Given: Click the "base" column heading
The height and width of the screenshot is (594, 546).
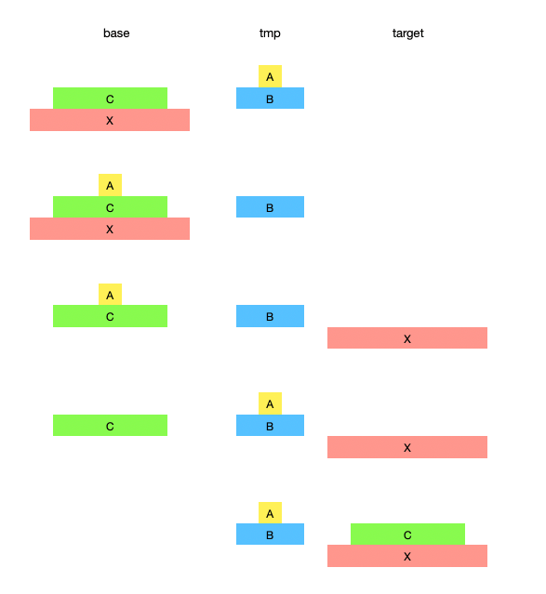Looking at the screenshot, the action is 116,33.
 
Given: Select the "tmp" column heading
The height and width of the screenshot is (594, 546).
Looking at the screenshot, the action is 270,33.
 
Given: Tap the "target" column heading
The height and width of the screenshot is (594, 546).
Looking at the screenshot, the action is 408,33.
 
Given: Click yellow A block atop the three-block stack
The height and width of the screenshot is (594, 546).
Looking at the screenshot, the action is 110,185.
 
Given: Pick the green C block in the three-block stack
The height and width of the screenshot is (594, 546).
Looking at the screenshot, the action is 110,207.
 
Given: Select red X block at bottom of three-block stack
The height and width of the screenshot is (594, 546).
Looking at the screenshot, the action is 110,229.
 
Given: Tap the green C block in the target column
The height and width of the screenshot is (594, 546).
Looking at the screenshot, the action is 407,535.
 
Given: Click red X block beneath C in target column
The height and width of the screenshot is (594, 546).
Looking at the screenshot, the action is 407,556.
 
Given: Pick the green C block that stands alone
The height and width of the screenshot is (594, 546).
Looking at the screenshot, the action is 110,425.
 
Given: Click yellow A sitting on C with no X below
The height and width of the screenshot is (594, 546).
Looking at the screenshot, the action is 110,295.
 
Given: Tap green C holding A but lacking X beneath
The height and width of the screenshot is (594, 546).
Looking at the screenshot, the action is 110,316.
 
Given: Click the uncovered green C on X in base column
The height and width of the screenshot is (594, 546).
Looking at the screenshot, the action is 110,99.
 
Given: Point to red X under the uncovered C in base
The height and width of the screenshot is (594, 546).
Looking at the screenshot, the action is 110,120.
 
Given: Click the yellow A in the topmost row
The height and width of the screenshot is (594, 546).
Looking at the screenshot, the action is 270,76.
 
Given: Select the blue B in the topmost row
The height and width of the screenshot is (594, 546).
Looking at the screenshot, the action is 270,99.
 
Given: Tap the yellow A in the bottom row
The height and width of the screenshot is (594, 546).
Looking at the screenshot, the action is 270,513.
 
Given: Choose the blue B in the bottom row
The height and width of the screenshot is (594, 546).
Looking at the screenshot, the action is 270,535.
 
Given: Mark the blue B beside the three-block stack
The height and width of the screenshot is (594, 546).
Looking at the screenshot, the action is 270,207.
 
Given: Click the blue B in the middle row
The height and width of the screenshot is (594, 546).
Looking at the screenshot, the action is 270,316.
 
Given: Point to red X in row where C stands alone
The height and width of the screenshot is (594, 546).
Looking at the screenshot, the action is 407,447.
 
